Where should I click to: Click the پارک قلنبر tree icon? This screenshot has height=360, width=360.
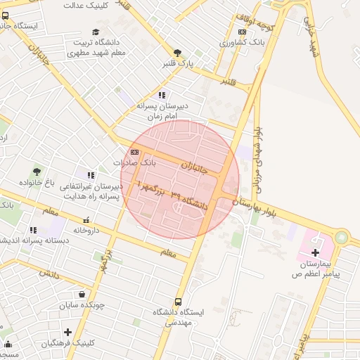177,53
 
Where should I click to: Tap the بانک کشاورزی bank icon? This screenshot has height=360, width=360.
243,32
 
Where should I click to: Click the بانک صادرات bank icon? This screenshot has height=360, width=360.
134,152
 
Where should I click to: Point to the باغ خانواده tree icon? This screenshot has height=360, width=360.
37,171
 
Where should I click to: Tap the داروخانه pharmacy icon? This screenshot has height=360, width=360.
86,219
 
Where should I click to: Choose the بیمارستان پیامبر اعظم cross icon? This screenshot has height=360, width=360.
315,252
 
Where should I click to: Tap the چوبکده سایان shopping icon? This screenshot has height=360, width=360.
84,295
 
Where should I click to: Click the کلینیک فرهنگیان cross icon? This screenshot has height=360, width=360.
67,332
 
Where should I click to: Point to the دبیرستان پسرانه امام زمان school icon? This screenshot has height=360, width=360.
162,95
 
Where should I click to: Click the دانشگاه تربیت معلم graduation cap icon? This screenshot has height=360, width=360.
96,32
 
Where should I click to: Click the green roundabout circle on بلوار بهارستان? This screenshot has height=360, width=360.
342,238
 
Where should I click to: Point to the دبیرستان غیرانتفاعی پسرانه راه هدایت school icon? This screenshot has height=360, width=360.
90,175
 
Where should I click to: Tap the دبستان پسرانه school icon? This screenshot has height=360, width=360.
33,230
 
